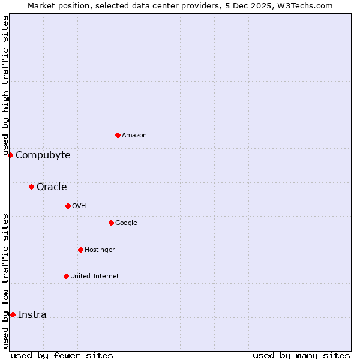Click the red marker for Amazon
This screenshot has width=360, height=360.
118,135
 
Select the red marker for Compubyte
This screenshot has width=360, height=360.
10,155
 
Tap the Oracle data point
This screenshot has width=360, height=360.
31,187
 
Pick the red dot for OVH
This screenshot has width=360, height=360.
68,206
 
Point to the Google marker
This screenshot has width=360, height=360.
111,223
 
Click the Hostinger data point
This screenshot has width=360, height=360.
80,250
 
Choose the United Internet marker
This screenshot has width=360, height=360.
66,276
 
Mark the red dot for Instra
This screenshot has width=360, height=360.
13,314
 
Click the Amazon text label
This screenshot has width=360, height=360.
134,136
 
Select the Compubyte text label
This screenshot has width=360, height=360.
43,155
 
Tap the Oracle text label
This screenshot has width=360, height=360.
52,187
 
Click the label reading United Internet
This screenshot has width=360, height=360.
95,277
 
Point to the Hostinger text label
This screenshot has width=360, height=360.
100,250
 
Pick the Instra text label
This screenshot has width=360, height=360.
32,315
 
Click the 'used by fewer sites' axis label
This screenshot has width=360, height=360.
62,355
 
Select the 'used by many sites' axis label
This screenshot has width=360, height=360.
301,355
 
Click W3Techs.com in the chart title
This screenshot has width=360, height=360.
307,5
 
